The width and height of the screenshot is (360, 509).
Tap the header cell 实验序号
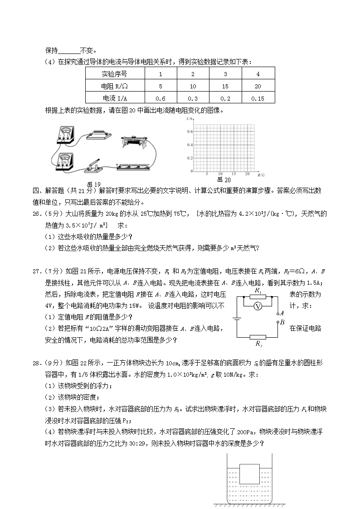[x=114, y=74]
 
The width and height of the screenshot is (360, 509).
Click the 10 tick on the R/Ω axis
[x=220, y=174]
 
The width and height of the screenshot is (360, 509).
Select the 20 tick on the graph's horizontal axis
[x=247, y=174]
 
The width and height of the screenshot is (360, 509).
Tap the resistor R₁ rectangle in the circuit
[x=258, y=297]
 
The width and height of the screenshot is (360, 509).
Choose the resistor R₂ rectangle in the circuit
[x=258, y=337]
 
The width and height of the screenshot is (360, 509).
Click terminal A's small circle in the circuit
[x=277, y=313]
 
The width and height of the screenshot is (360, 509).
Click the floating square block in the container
[x=249, y=474]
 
